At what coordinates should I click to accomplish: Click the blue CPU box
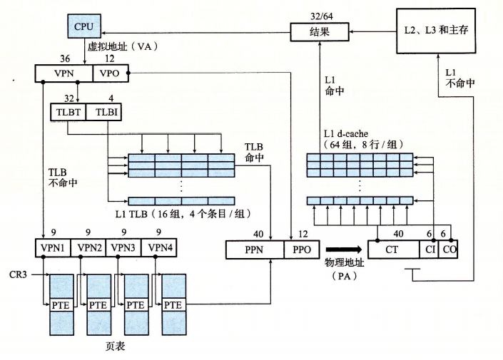83,26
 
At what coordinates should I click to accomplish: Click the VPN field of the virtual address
64,73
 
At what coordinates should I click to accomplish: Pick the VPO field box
109,73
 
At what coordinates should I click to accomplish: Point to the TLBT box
68,112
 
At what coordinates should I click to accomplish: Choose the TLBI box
103,112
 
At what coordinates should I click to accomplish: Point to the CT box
393,250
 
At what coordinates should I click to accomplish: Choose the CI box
430,250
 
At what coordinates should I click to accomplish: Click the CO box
448,250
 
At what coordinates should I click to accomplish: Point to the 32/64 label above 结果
317,16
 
